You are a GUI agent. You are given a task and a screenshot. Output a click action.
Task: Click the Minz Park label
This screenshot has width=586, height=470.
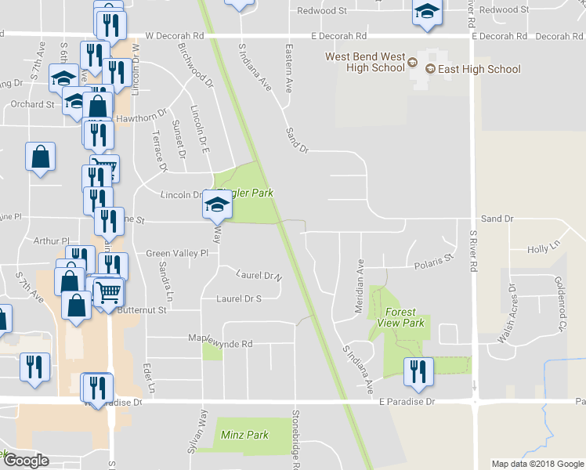(244, 435)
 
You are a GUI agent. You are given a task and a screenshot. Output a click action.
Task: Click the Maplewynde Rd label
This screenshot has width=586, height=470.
(220, 343)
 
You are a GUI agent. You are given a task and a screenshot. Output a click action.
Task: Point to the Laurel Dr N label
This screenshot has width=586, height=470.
(259, 276)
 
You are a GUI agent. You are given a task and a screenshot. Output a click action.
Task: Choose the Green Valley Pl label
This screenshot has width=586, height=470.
(177, 254)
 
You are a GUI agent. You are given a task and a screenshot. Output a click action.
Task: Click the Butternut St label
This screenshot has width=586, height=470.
(142, 310)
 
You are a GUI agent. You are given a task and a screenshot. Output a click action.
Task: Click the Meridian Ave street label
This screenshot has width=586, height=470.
(360, 277)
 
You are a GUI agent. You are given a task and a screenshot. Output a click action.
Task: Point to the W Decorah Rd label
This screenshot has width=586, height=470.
(175, 36)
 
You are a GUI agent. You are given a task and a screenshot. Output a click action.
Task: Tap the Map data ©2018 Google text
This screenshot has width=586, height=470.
(537, 464)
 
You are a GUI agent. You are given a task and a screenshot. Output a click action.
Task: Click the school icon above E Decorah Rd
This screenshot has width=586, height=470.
(426, 13)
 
